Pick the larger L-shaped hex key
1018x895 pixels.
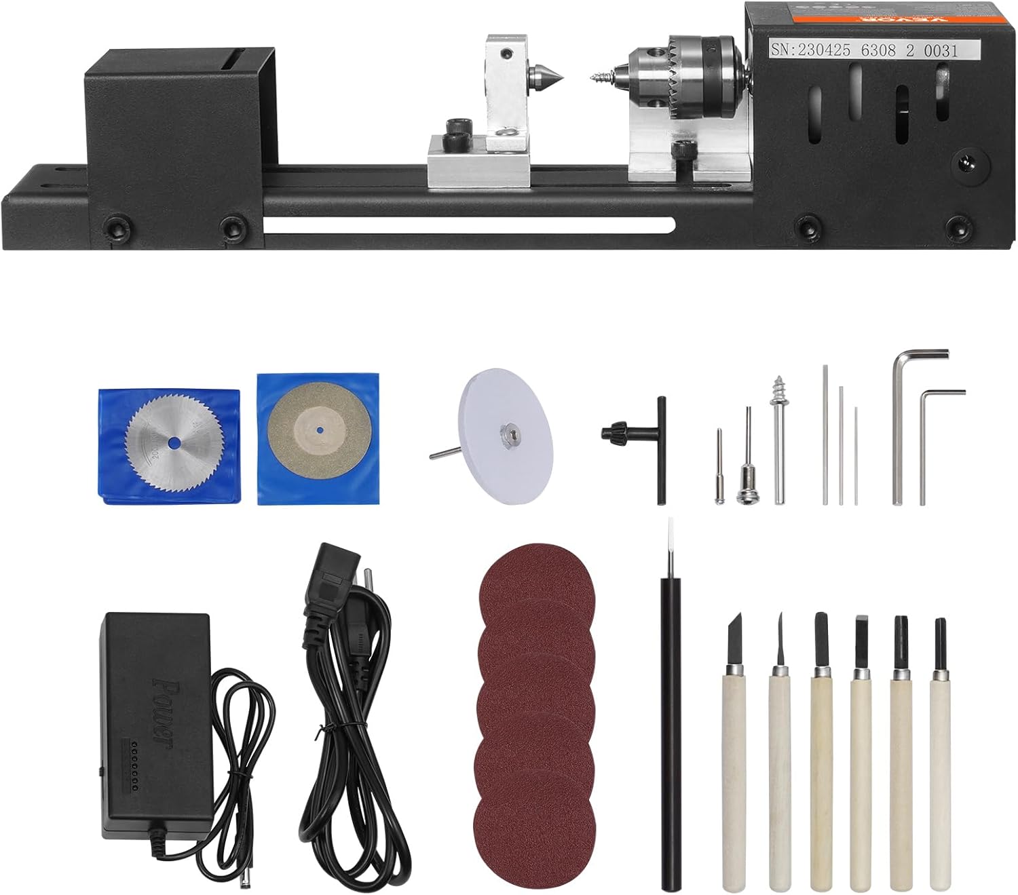pos(903,421)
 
